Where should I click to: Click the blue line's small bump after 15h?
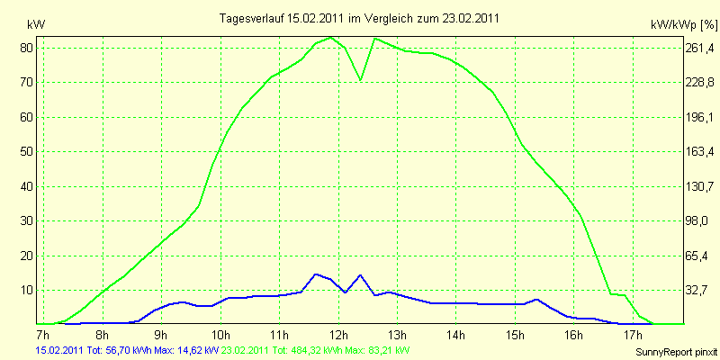click(x=536, y=300)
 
